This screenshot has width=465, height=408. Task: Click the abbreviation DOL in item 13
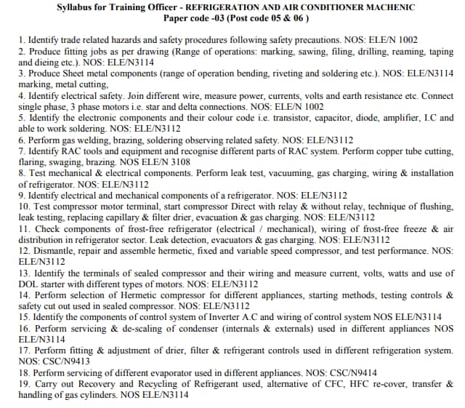coord(28,284)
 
